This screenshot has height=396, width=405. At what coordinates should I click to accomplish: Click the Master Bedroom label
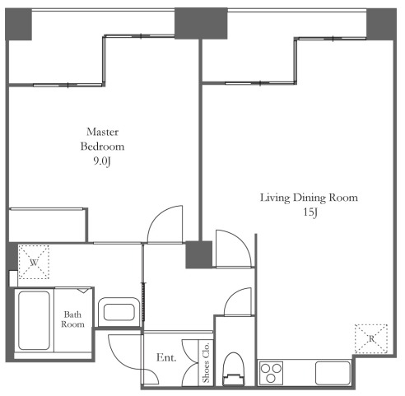[x=102, y=139]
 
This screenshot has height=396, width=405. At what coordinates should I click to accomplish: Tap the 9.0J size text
[x=102, y=161]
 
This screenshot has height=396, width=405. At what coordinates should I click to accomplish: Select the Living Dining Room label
[x=309, y=198]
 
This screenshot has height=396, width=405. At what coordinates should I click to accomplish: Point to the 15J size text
[x=310, y=212]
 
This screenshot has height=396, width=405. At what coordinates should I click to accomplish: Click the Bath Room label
[x=72, y=319]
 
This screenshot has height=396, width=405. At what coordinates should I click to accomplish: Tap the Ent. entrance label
[x=166, y=357]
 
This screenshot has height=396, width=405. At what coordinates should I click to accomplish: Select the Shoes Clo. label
[x=206, y=362]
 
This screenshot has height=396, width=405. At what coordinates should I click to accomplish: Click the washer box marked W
[x=34, y=262]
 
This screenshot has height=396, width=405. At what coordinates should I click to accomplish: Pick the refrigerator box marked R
[x=371, y=339]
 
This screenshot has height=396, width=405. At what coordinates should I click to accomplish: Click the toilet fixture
[x=233, y=369]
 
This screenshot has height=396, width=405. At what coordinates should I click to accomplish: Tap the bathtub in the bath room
[x=34, y=320]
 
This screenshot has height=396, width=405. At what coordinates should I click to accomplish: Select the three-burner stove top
[x=271, y=373]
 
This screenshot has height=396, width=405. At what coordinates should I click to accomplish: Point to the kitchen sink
[x=333, y=373]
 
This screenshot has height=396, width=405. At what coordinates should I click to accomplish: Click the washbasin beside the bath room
[x=119, y=312]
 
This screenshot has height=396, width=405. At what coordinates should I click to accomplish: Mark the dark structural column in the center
[x=199, y=254]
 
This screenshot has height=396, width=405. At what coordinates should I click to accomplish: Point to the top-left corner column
[x=18, y=24]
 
